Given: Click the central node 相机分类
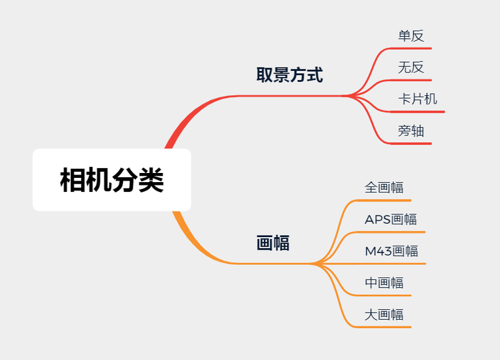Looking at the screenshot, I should (111, 179).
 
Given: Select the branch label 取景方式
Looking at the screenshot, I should (290, 75).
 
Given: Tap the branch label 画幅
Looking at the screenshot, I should (273, 243).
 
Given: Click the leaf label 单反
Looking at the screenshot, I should (410, 35).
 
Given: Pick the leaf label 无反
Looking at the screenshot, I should (410, 67).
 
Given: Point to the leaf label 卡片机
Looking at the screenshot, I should (417, 99).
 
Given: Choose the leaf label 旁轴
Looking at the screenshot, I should (410, 131).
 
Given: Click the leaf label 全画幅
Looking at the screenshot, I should (384, 187).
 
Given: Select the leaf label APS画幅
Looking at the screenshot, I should (391, 219).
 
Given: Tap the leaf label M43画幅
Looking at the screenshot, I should (392, 251).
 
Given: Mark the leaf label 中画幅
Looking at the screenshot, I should (384, 283).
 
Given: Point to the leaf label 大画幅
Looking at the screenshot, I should (384, 314).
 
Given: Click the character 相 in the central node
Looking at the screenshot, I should (72, 179).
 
